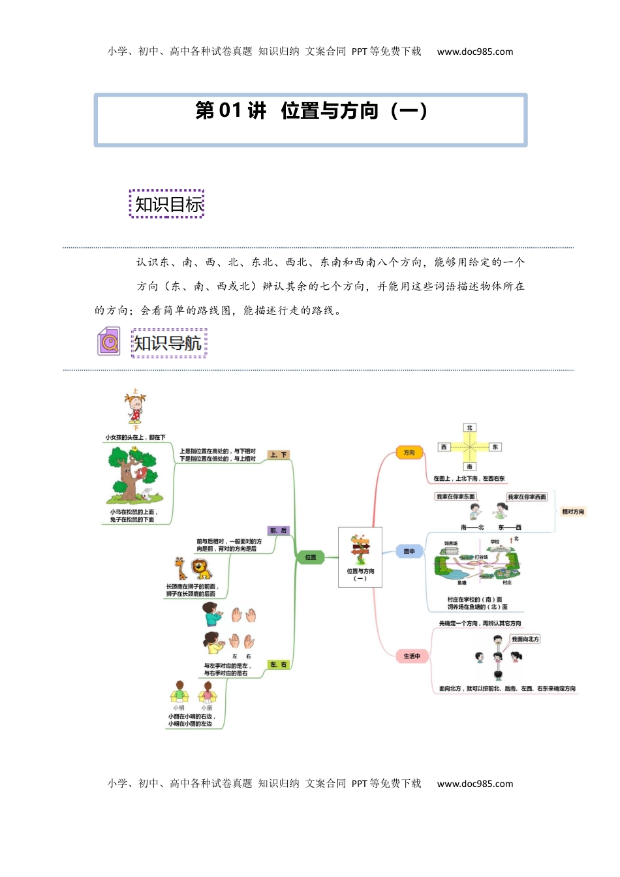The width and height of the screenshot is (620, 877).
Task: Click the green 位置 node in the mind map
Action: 311,557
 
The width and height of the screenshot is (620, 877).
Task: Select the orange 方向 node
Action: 409,452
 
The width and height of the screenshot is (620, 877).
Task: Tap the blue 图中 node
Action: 409,551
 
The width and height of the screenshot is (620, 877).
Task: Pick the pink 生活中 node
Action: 412,656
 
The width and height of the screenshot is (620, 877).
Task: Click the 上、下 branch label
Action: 279,455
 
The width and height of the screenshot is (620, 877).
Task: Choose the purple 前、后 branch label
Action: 278,531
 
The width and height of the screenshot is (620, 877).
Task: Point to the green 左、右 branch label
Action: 278,664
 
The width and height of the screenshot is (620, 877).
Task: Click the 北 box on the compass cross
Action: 469,428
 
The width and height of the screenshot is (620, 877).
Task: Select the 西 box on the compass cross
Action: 444,447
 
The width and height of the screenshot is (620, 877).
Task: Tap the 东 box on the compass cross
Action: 495,447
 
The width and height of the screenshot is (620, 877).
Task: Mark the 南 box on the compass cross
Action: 469,467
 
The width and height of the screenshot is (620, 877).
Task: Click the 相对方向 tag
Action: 573,512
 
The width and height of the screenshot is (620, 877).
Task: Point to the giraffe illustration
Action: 180,568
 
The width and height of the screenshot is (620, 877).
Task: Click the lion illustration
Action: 202,570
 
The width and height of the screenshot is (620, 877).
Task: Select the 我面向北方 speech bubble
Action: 525,639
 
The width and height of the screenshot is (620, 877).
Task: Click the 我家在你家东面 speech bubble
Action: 456,497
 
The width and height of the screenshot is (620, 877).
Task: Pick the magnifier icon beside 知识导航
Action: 109,342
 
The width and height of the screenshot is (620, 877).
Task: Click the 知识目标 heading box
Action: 167,204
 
